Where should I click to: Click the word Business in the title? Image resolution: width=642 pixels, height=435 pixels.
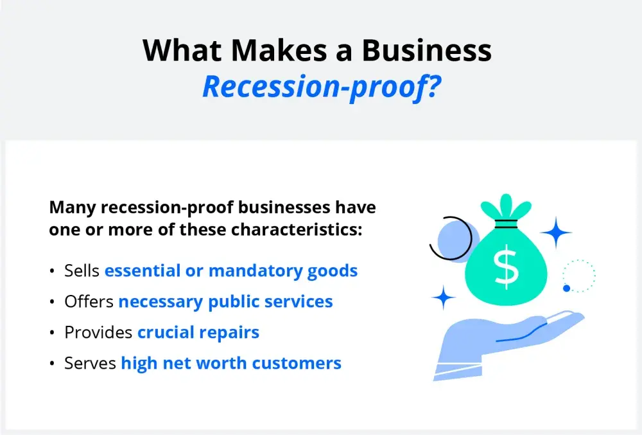(426, 50)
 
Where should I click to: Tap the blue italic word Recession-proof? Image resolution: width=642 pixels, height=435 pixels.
(322, 87)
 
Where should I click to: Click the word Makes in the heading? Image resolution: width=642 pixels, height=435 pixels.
(279, 50)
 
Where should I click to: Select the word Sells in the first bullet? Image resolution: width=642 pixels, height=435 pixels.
(82, 271)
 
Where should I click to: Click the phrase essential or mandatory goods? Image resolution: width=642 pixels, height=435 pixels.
(231, 271)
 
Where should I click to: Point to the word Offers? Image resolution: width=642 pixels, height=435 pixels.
(89, 301)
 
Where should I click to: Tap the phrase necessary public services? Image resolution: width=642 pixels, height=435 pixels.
(225, 302)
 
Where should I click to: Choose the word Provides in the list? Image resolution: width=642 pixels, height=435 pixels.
(98, 332)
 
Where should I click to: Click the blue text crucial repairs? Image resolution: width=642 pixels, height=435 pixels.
(198, 333)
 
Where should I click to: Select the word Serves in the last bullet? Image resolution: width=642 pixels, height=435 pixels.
(90, 363)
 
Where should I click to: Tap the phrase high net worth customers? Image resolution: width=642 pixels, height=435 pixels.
(231, 363)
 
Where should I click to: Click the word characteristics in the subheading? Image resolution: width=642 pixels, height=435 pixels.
(297, 229)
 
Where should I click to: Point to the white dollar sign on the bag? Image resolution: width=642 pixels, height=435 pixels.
(507, 267)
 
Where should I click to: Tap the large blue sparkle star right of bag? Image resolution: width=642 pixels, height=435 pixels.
(555, 232)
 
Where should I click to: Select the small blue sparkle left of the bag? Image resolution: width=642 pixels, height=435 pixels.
(444, 297)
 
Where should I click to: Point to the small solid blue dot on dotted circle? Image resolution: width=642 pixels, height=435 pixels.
(567, 289)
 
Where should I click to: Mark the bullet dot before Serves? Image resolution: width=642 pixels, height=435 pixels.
(52, 363)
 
